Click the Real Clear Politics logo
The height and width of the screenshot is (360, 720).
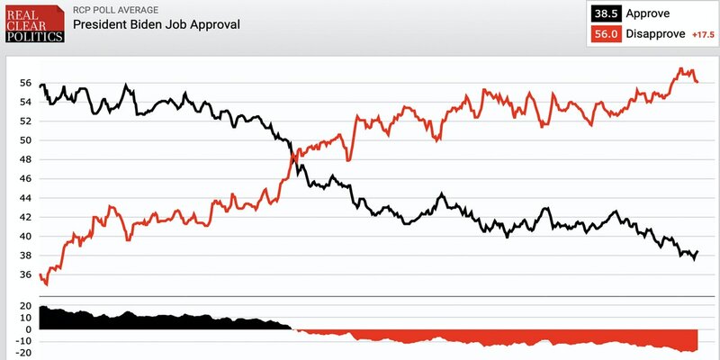tap(33, 24)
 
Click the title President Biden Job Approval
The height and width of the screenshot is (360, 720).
tap(157, 24)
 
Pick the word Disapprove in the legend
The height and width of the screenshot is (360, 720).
tap(656, 33)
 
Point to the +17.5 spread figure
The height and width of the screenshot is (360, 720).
tap(702, 34)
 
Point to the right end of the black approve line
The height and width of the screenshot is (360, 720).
tap(698, 252)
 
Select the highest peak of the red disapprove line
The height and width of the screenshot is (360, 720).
tap(681, 68)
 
